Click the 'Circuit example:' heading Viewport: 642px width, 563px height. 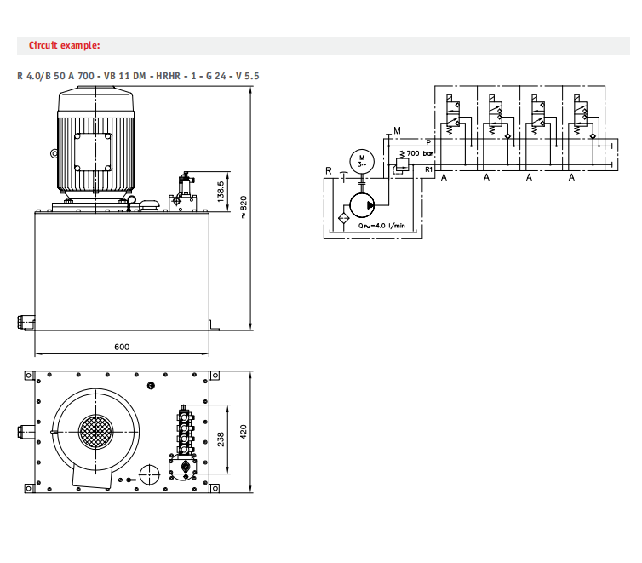[64, 45]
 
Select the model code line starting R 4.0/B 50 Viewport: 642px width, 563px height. [139, 76]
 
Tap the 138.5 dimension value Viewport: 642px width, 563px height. [221, 191]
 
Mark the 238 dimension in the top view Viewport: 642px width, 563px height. [221, 438]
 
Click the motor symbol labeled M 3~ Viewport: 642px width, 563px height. [362, 160]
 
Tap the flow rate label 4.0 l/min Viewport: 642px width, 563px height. [381, 226]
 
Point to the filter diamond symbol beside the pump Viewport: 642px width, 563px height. [342, 218]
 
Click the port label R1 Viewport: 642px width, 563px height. [429, 169]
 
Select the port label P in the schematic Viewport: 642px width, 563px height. [428, 142]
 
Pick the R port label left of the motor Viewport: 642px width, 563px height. [328, 171]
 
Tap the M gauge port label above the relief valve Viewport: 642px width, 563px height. [397, 130]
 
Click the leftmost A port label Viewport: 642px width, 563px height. [444, 178]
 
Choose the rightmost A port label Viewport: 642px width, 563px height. [571, 178]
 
